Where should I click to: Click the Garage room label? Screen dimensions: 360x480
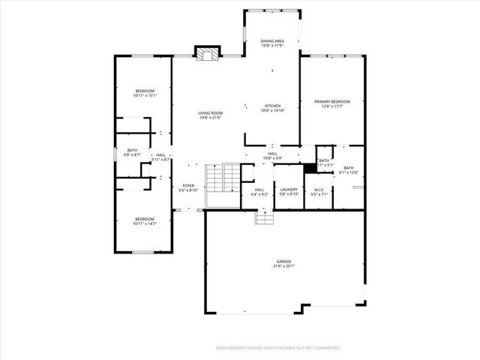coord(283,262)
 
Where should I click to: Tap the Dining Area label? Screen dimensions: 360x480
coord(271,40)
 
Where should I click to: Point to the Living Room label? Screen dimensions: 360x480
coord(211,112)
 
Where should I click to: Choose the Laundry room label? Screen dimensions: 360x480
coord(289,190)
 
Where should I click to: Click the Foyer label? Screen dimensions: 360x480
coord(188,186)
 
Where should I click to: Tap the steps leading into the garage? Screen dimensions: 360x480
coord(263,217)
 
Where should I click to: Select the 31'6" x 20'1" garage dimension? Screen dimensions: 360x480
coord(283,266)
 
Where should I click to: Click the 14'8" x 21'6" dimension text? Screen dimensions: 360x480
coord(211,117)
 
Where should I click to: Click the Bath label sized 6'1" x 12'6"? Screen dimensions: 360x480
coord(349,168)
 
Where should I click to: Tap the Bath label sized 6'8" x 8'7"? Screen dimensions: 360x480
coord(133,150)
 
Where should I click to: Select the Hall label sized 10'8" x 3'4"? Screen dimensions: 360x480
coord(272,154)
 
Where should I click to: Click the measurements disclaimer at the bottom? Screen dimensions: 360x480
coord(277,348)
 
